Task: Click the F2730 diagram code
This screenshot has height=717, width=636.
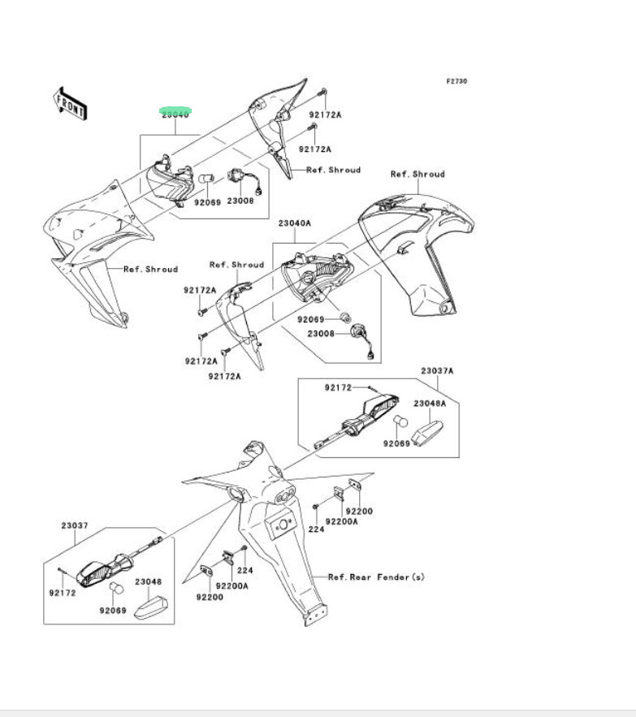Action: pos(456,81)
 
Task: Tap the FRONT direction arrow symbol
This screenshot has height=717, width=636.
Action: pos(71,103)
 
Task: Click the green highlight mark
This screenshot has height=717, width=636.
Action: pos(175,110)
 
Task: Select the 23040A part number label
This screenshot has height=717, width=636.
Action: pos(295,222)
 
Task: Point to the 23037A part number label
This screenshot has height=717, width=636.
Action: pos(437,371)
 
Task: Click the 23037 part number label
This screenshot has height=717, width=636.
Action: pos(74,525)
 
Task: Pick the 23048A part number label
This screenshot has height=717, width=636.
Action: pos(430,403)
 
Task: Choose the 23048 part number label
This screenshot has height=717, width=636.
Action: pos(149,581)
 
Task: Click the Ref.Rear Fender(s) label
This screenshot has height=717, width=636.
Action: pos(376,577)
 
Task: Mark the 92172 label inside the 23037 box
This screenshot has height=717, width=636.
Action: pos(62,593)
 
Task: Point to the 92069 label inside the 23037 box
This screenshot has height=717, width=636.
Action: pos(114,610)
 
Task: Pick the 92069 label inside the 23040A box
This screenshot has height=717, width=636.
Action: pos(309,318)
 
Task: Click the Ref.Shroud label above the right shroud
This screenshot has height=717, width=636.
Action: pos(418,174)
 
